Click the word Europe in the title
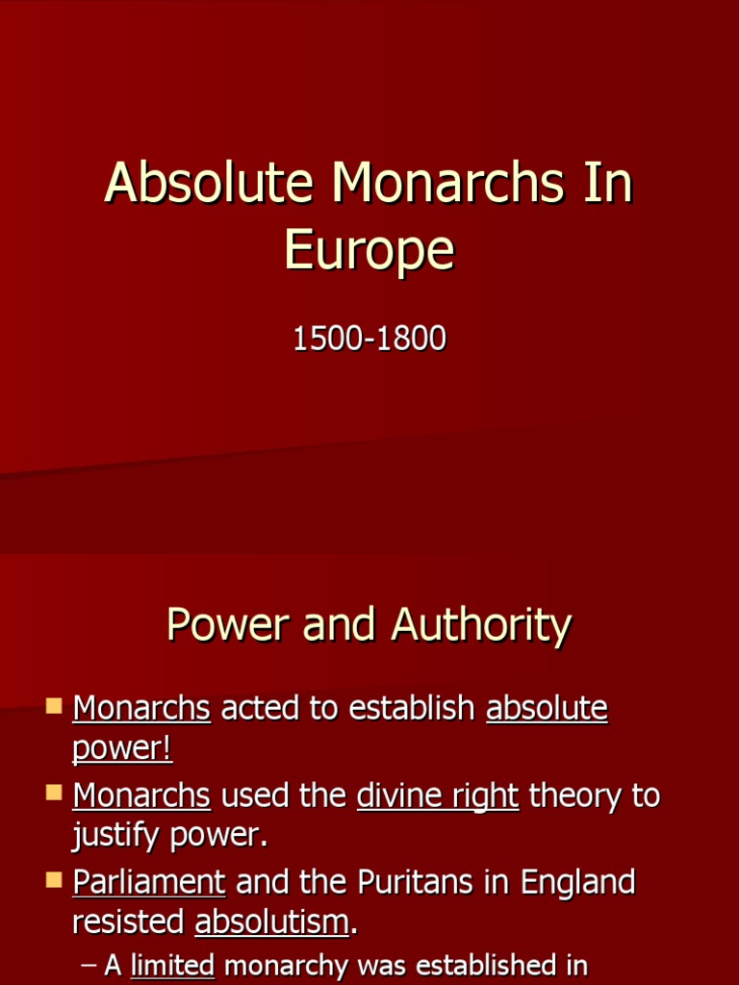[x=369, y=252]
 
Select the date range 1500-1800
[x=369, y=339]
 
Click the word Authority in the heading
[x=481, y=625]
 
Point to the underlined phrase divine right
[x=438, y=796]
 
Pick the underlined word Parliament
[x=149, y=882]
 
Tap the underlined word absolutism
[x=271, y=922]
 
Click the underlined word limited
[x=172, y=965]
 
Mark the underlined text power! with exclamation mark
[x=122, y=749]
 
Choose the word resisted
[x=128, y=922]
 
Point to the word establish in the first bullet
[x=412, y=709]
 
